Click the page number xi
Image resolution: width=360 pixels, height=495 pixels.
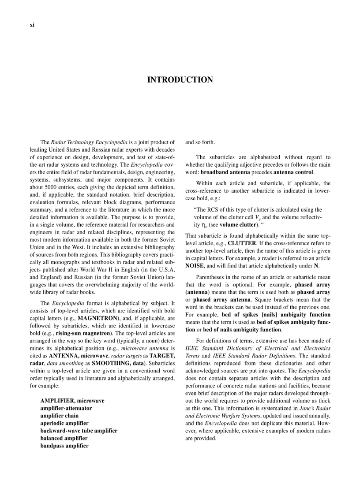pyautogui.click(x=32, y=25)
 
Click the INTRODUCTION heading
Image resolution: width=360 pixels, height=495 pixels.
pyautogui.click(x=180, y=80)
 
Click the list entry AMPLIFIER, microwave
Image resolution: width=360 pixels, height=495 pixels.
pyautogui.click(x=72, y=401)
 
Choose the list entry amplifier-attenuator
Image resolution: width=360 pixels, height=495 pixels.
pyautogui.click(x=66, y=408)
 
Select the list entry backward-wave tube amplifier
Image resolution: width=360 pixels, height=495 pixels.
pyautogui.click(x=79, y=431)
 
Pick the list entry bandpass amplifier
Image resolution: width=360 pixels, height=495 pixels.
pyautogui.click(x=64, y=446)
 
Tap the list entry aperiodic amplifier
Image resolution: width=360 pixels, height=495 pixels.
pyautogui.click(x=64, y=423)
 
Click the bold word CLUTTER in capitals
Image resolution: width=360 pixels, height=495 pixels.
pyautogui.click(x=242, y=243)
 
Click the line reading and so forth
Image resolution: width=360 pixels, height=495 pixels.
pyautogui.click(x=200, y=142)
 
